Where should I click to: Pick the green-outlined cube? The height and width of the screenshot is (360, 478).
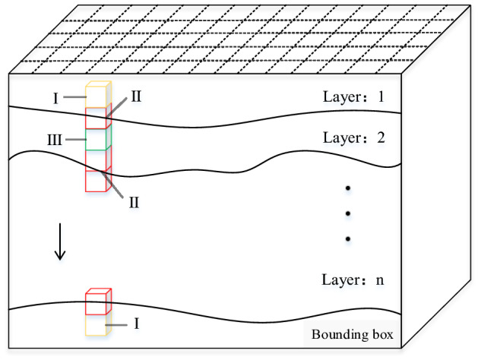(x=97, y=140)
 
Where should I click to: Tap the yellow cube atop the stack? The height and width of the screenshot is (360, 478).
(x=97, y=96)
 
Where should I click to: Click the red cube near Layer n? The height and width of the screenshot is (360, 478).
(x=97, y=302)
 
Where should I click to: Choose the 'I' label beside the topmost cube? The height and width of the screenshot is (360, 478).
(x=55, y=97)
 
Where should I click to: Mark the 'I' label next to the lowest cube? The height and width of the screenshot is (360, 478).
(x=136, y=324)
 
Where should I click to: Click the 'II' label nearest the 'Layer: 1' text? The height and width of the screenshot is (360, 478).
(x=136, y=96)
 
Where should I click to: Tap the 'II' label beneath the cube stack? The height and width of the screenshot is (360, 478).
(x=133, y=201)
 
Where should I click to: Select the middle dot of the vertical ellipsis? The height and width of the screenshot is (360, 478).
(x=347, y=213)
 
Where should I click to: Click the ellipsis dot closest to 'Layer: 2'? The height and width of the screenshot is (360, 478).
(x=347, y=188)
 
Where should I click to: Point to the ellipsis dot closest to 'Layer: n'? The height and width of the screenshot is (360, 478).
(x=347, y=239)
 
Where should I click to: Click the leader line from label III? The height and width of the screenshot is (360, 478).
(x=74, y=140)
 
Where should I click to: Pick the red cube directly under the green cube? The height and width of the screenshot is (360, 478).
(x=97, y=160)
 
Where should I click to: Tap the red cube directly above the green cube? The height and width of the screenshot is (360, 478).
(x=97, y=118)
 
